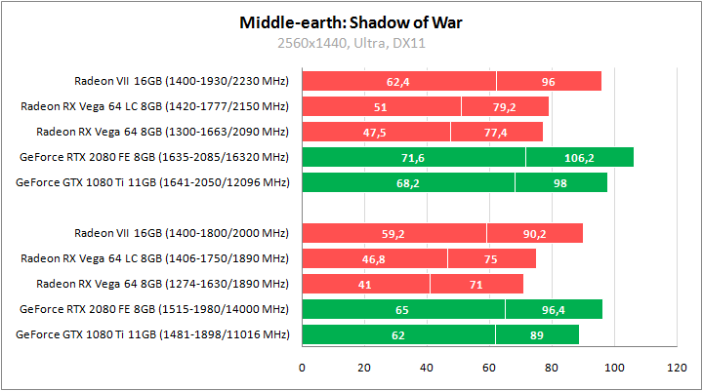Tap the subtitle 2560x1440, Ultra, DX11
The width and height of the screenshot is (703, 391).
point(351,43)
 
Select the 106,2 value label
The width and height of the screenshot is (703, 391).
point(579,157)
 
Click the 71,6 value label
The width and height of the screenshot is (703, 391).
point(413,157)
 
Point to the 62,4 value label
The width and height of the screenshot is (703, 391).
point(398,82)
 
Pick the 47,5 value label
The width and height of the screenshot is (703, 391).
point(375,132)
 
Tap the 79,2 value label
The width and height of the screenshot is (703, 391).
point(505,107)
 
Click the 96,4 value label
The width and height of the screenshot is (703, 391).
point(553,309)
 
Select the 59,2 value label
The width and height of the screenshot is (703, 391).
point(393,233)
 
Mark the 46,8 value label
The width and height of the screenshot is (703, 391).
point(374,258)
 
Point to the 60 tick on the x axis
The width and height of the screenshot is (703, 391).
point(489,368)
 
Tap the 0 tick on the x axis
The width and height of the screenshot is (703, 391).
point(302,368)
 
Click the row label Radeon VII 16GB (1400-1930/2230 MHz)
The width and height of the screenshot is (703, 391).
point(181,81)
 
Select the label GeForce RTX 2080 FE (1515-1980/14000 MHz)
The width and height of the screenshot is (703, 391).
point(153,309)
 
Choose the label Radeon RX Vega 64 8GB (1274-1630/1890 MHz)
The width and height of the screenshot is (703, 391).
point(162,284)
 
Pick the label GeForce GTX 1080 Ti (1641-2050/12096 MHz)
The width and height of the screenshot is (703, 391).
point(153,182)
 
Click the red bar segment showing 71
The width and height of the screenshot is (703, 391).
point(476,284)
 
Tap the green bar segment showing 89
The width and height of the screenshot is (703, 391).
point(537,334)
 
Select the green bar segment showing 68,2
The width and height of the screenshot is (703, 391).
point(408,182)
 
